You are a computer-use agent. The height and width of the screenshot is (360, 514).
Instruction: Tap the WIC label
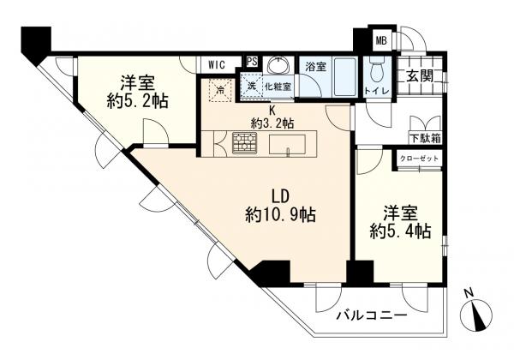(x=217, y=63)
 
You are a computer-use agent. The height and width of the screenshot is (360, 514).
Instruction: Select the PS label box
(x=252, y=61)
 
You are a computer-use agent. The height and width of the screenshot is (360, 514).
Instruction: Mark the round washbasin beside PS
(x=277, y=66)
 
